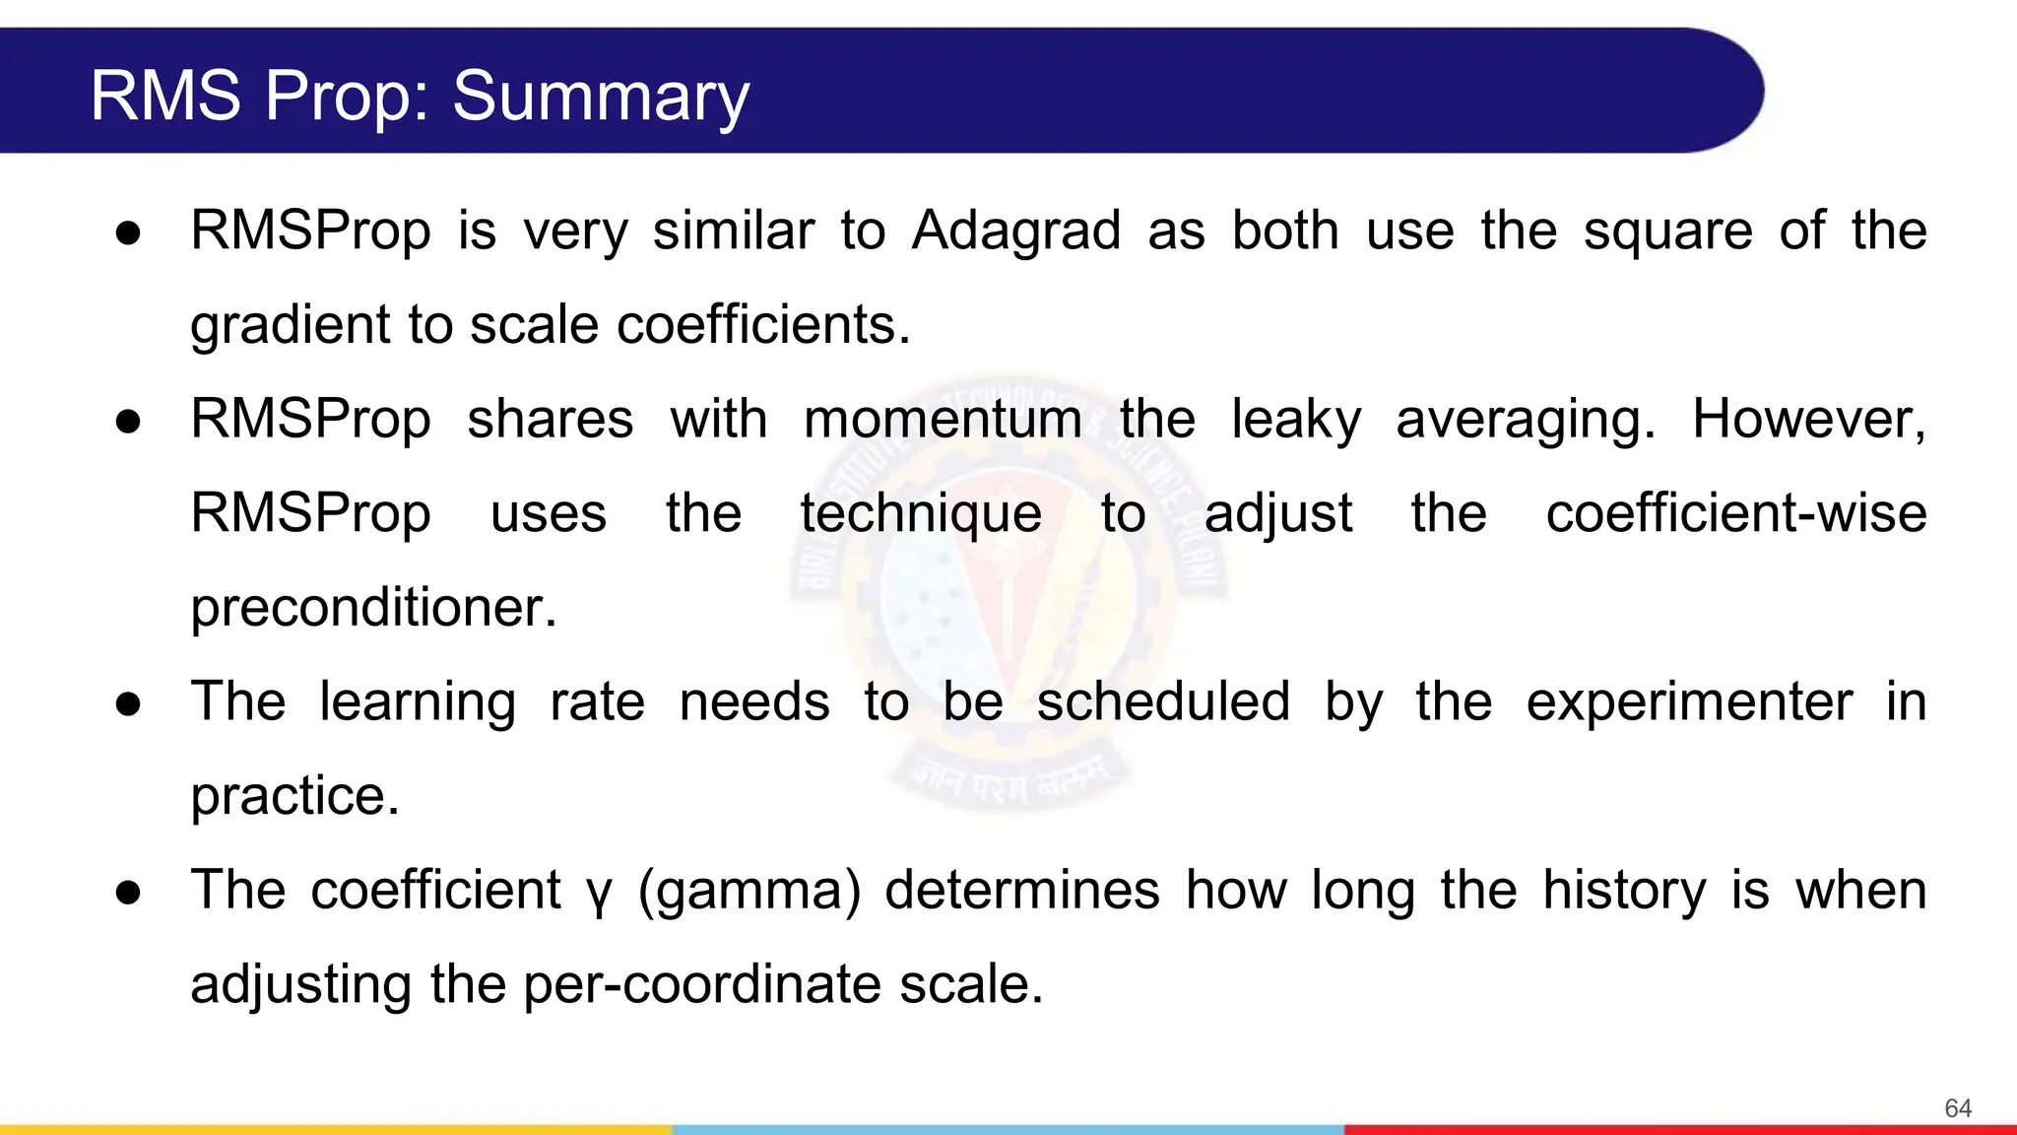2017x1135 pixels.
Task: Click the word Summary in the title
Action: pyautogui.click(x=601, y=97)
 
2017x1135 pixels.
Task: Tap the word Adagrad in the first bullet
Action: pyautogui.click(x=1016, y=231)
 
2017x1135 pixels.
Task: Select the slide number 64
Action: pyautogui.click(x=1958, y=1108)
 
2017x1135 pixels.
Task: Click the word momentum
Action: pyautogui.click(x=943, y=419)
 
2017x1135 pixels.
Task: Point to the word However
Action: pyautogui.click(x=1808, y=419)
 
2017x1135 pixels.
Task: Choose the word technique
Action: pyautogui.click(x=921, y=513)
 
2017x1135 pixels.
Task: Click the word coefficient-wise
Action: pyautogui.click(x=1735, y=513)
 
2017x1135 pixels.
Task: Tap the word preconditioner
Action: pyautogui.click(x=373, y=607)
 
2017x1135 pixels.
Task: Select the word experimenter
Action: pyautogui.click(x=1689, y=701)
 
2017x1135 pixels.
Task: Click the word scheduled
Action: pyautogui.click(x=1163, y=701)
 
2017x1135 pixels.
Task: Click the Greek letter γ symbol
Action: pyautogui.click(x=599, y=893)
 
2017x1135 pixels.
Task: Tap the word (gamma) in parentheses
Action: pyautogui.click(x=748, y=891)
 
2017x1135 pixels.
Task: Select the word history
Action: pyautogui.click(x=1624, y=891)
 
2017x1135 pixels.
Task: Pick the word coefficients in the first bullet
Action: pyautogui.click(x=763, y=325)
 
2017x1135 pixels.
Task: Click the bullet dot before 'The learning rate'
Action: pyautogui.click(x=128, y=703)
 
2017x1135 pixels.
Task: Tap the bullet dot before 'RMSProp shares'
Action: pyautogui.click(x=128, y=422)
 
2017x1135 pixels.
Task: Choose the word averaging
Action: pyautogui.click(x=1526, y=421)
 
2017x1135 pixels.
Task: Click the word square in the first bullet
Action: pyautogui.click(x=1667, y=233)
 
